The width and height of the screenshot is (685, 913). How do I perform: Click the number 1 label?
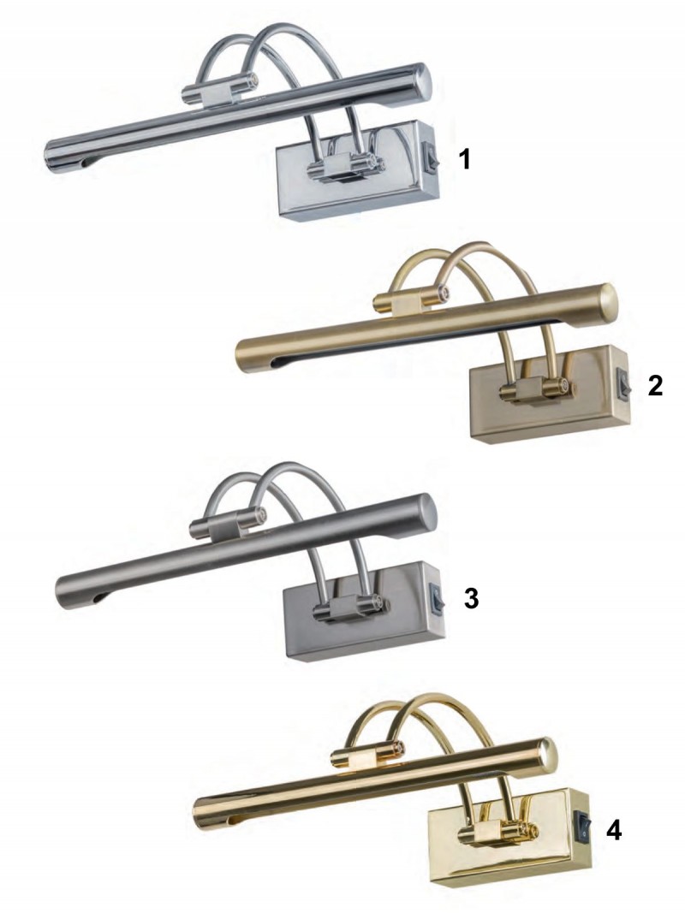pos(464,159)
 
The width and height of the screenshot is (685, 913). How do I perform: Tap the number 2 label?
pos(655,385)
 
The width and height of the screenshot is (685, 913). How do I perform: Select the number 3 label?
pos(471,598)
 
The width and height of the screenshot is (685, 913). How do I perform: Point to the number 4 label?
pos(614,831)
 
